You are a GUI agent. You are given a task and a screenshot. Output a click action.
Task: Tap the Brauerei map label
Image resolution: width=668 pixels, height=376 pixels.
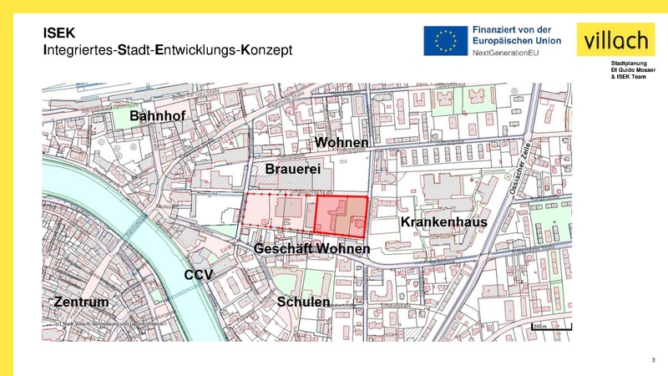293,170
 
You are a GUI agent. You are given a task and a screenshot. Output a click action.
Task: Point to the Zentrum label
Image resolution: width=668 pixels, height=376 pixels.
82,301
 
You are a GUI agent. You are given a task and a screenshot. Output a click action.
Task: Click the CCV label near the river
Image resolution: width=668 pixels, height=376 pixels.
200,275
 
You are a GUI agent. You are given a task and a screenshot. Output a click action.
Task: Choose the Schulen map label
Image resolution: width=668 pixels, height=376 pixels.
304,302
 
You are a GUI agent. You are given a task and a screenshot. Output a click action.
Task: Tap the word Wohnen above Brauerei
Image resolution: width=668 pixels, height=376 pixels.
342,144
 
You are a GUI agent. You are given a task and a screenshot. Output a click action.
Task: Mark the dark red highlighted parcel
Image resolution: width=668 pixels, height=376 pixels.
342,213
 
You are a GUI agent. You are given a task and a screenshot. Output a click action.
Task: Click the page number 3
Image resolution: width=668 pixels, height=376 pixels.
652,359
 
